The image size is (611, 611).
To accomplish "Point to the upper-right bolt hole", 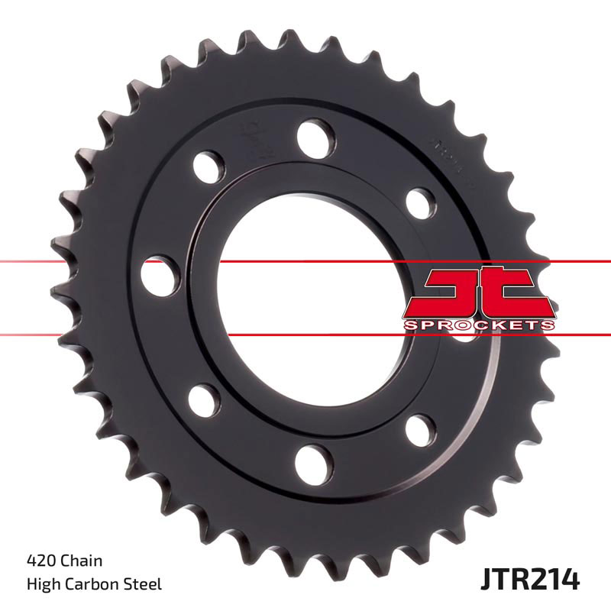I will [419, 201].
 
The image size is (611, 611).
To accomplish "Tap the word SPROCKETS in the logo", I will [478, 325].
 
